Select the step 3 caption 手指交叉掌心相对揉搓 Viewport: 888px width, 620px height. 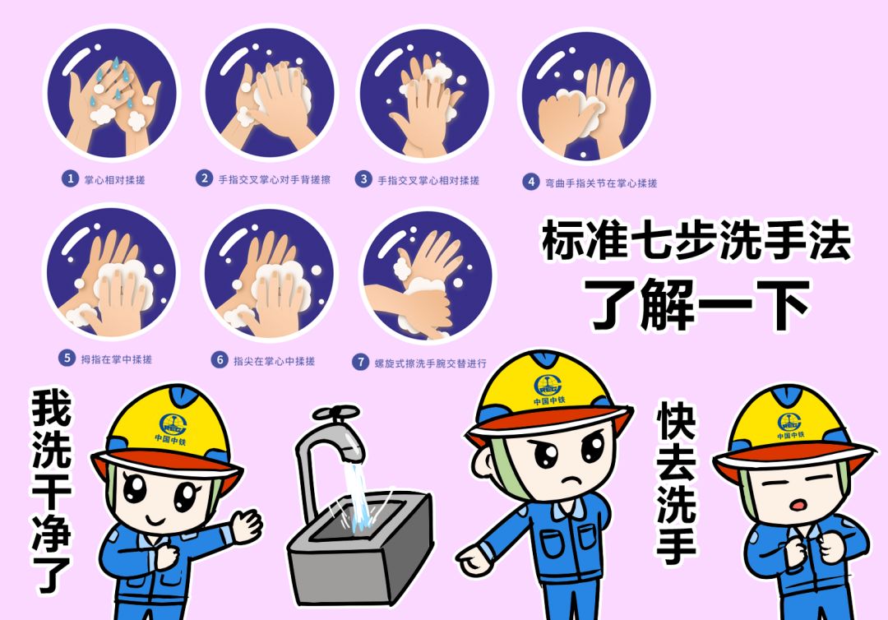tap(428, 179)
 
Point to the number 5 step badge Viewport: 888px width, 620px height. tap(67, 359)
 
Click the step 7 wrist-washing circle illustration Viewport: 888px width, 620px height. tap(428, 275)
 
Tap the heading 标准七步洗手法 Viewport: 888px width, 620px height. tap(696, 240)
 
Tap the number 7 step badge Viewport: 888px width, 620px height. tap(360, 362)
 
